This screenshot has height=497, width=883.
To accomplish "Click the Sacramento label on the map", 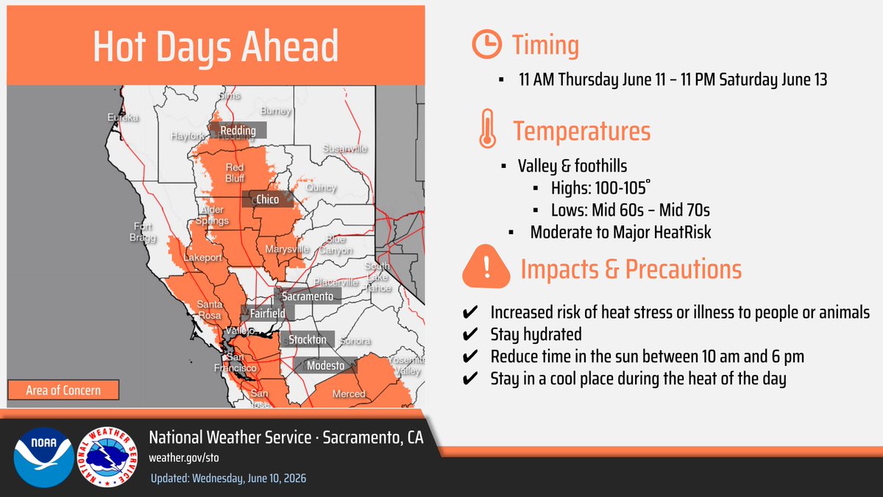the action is (x=308, y=296).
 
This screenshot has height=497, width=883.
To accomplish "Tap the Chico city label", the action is (x=268, y=200).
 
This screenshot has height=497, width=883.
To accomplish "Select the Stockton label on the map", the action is (x=308, y=339).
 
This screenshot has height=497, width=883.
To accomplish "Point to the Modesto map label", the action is (x=325, y=366).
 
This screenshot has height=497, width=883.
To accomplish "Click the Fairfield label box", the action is (x=268, y=313).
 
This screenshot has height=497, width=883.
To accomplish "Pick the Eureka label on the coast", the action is (x=123, y=118).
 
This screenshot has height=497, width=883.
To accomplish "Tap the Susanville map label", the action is (x=345, y=149).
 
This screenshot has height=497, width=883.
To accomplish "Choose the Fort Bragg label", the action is (x=143, y=232).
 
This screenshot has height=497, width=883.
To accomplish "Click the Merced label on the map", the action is (x=349, y=394).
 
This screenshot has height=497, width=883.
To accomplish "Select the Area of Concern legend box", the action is (x=63, y=390).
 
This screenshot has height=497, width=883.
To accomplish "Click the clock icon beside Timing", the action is (x=487, y=44).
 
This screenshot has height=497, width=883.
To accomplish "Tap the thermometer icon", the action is (x=488, y=129).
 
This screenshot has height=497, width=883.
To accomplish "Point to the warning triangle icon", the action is (x=486, y=267).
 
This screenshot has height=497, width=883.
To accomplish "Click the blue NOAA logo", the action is (x=43, y=457).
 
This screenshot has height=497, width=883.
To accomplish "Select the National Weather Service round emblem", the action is (x=107, y=457).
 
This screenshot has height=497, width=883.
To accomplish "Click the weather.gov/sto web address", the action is (x=184, y=457).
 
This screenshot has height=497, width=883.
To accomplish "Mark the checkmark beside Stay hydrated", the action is (x=470, y=334).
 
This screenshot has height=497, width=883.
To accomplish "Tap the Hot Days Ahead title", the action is (x=216, y=46).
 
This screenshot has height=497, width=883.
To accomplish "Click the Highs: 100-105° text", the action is (x=600, y=188).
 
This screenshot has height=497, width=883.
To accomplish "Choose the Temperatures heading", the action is (x=581, y=130).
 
